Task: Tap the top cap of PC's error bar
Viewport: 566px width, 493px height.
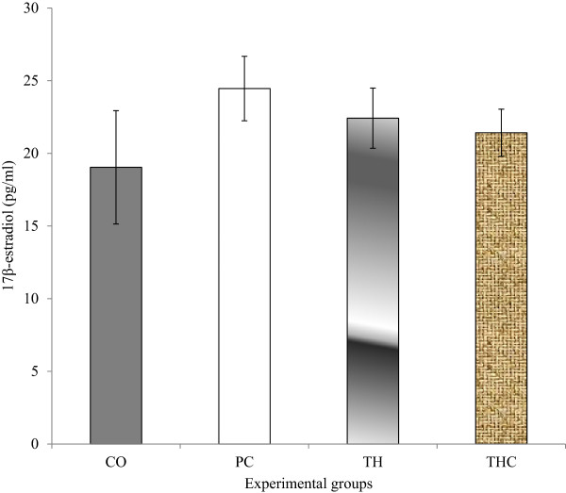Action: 244,57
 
